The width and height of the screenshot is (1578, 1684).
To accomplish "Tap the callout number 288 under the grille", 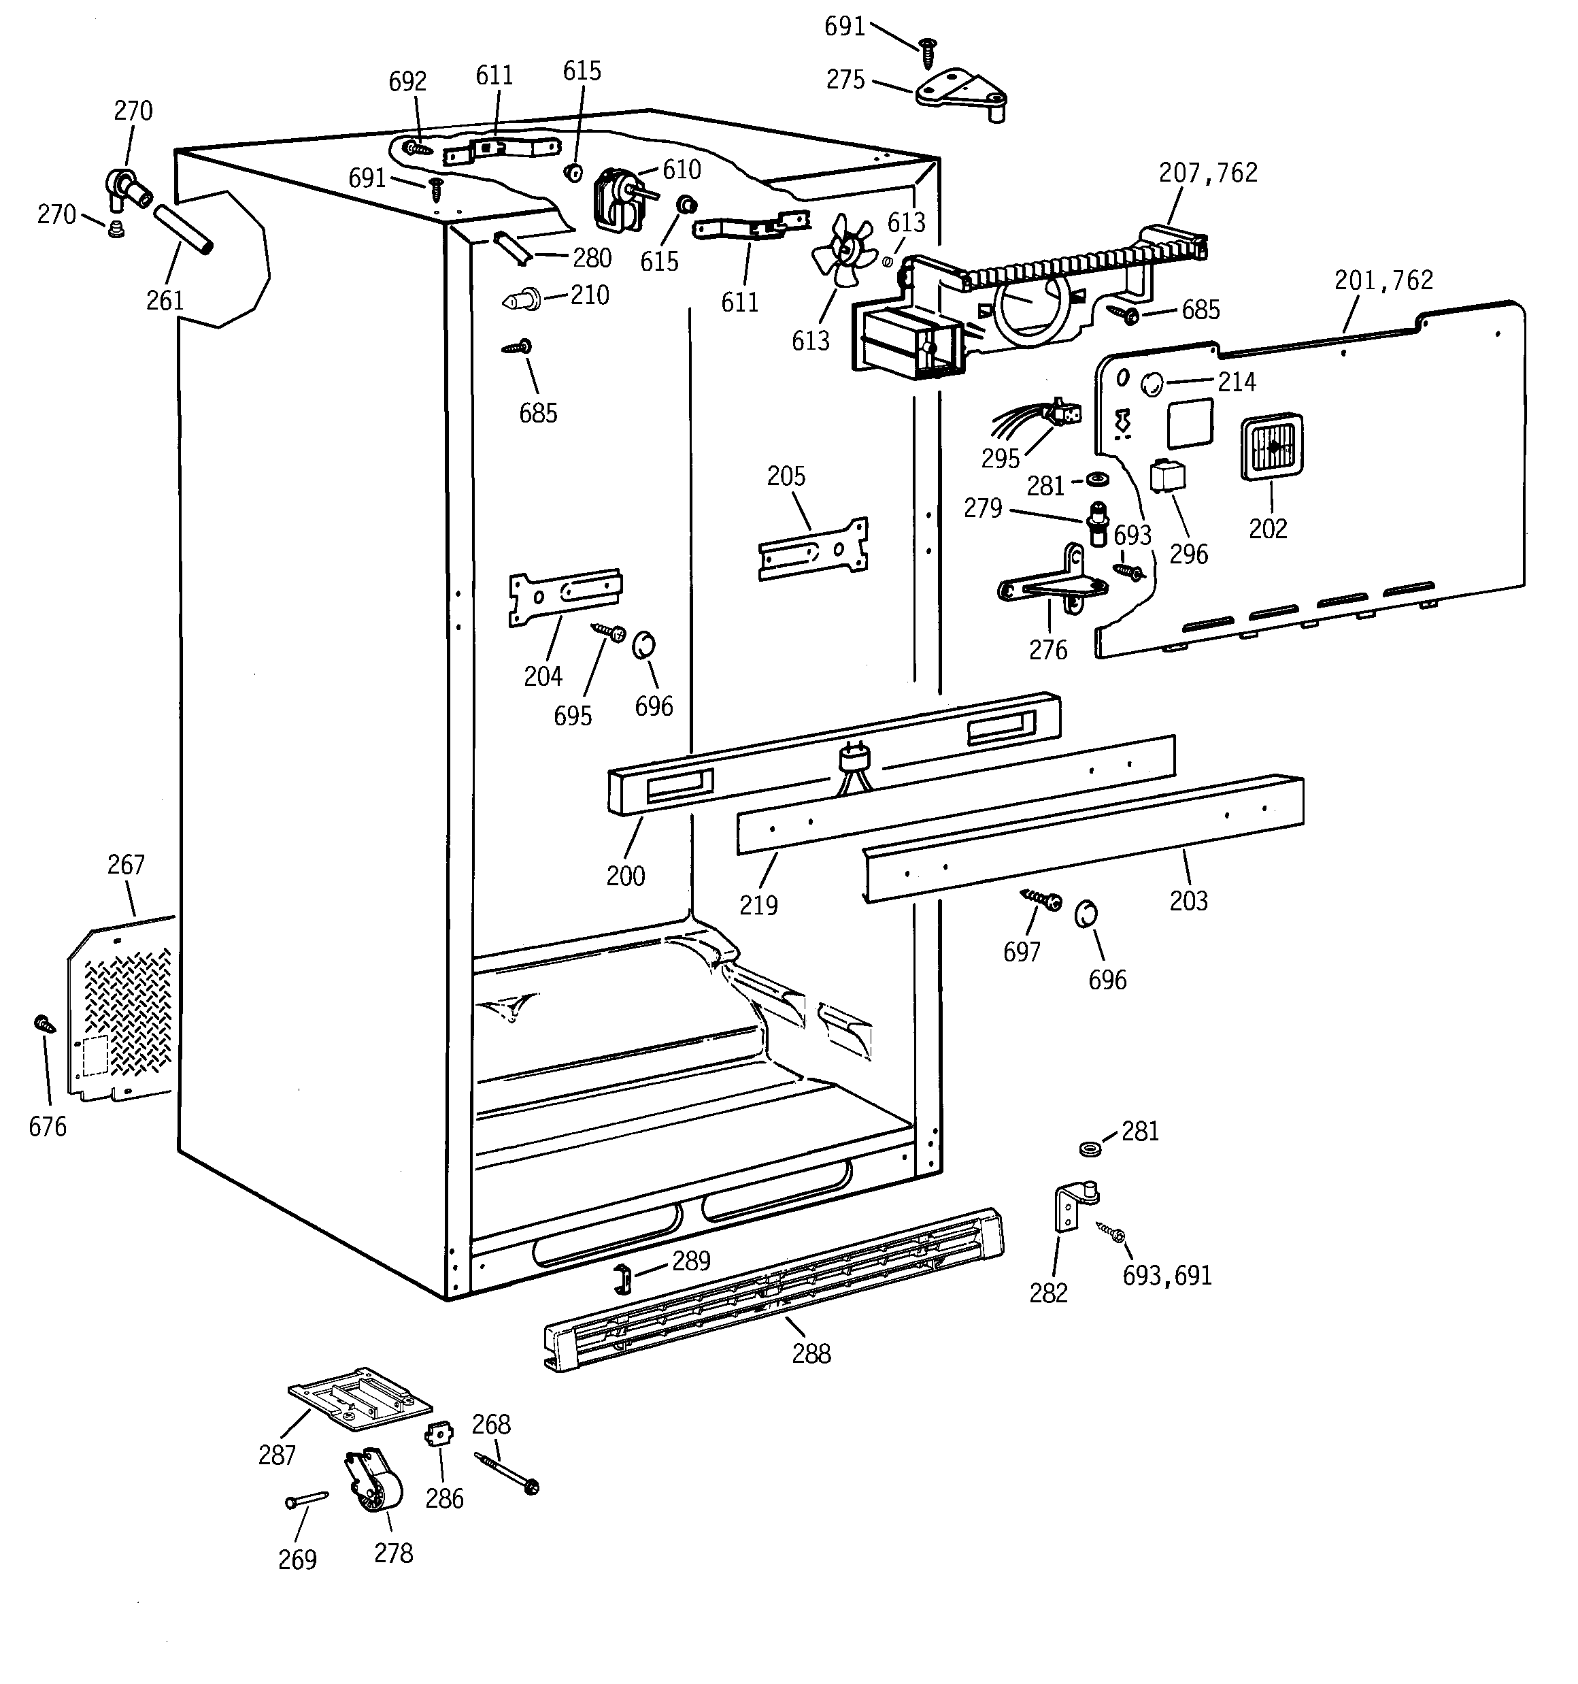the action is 811,1353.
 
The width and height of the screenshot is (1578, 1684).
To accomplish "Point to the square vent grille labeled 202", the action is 1271,446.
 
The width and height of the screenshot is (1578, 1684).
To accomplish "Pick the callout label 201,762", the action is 1383,280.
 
